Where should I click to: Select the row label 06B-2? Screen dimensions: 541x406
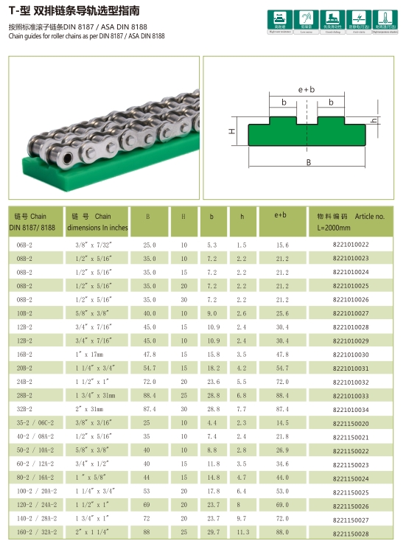[25, 245]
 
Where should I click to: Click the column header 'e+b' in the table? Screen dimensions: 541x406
[281, 216]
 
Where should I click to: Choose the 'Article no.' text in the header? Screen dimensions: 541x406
[369, 217]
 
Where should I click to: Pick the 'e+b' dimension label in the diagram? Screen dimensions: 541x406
[307, 89]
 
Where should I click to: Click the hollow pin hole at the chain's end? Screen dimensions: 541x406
[68, 156]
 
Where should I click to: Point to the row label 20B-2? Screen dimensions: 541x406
[25, 368]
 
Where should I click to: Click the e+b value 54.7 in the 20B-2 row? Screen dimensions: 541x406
[282, 368]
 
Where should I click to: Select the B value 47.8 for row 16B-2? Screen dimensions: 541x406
[150, 355]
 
